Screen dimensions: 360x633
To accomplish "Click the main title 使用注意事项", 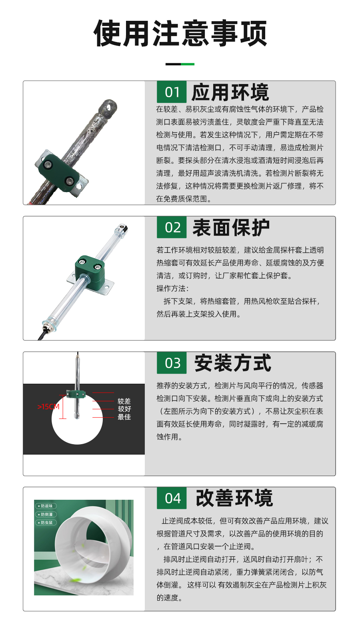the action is pos(180,33).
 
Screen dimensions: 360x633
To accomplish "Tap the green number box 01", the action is pos(172,92).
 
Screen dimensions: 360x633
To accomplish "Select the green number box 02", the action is pos(172,227).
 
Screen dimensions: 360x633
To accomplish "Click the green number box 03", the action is pos(172,363).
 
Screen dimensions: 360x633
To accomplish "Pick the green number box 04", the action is pos(172,498).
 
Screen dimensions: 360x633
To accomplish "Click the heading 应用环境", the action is pos(230,92).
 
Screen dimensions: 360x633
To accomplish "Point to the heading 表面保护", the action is pos(231,228).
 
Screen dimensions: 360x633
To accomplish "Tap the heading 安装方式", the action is pos(233,363).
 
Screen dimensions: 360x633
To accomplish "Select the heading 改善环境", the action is pos(234,498).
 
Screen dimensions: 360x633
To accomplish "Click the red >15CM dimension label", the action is pos(48,407).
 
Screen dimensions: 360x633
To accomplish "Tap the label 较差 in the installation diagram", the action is pos(124,401).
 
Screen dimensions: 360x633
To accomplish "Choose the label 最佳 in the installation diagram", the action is pos(124,417).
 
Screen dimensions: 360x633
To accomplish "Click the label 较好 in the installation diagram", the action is pos(124,409).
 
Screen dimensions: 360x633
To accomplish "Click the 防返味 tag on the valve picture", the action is pos(46,506).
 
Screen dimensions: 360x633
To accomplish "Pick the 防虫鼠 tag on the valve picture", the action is pos(46,523).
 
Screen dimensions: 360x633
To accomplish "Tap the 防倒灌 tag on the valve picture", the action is pos(46,514).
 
